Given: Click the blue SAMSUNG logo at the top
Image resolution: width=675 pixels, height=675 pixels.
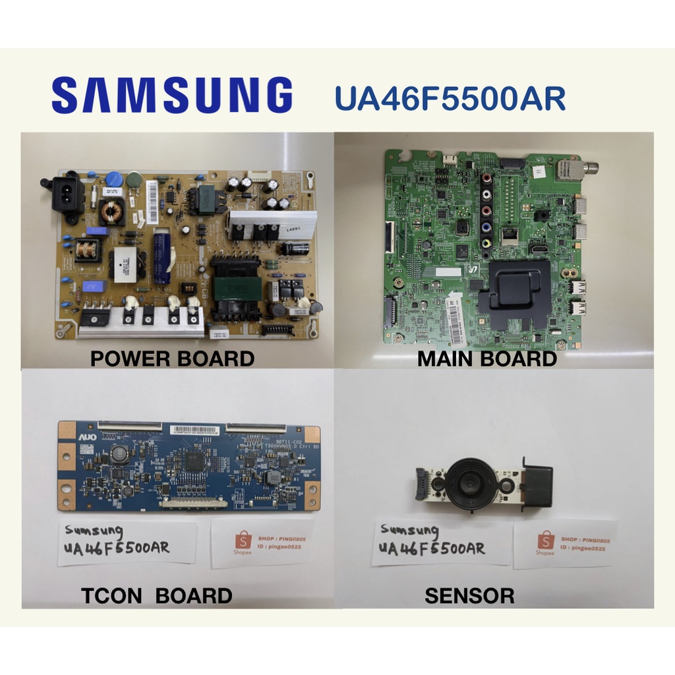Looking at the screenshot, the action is pyautogui.click(x=172, y=96).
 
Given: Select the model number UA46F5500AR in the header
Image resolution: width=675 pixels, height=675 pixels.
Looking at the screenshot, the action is pyautogui.click(x=450, y=98).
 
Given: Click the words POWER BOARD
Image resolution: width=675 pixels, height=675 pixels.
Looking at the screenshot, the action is pyautogui.click(x=172, y=359).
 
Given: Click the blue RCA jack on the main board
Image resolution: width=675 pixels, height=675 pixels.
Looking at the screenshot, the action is pyautogui.click(x=487, y=227).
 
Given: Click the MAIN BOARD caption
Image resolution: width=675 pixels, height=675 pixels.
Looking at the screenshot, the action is pyautogui.click(x=487, y=359).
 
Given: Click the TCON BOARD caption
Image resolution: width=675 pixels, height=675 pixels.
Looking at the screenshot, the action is pyautogui.click(x=156, y=596).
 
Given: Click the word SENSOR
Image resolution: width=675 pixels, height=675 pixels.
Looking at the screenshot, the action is pyautogui.click(x=469, y=596).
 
